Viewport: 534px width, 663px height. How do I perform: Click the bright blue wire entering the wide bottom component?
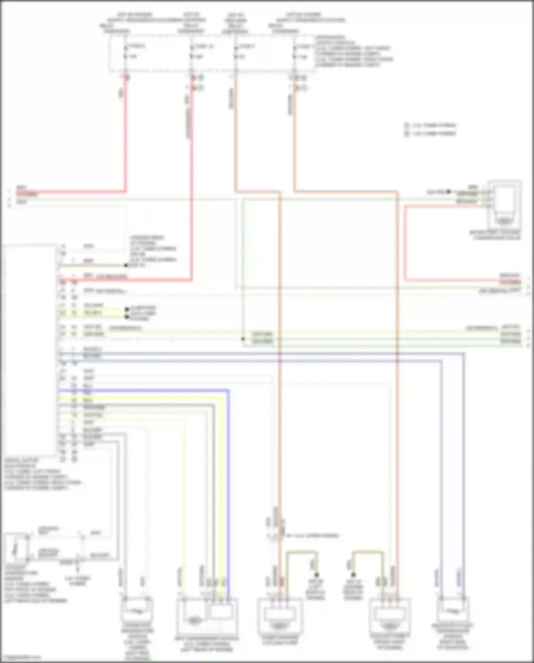pos(228,499)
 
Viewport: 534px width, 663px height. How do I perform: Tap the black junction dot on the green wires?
pos(243,339)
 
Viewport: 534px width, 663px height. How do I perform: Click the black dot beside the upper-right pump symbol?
pos(449,192)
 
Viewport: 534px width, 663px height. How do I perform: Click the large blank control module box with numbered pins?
pos(30,349)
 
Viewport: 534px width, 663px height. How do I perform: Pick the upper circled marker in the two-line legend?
pos(407,125)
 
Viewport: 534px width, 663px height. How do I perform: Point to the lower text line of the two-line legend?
pos(434,134)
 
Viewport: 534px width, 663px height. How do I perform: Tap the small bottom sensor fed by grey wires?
pos(137,611)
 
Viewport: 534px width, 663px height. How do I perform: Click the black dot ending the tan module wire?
pos(126,265)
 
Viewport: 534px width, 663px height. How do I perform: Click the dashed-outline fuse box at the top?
pos(212,53)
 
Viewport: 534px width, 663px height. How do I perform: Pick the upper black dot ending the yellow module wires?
pos(127,309)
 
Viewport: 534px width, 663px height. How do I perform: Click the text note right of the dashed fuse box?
pos(352,52)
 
